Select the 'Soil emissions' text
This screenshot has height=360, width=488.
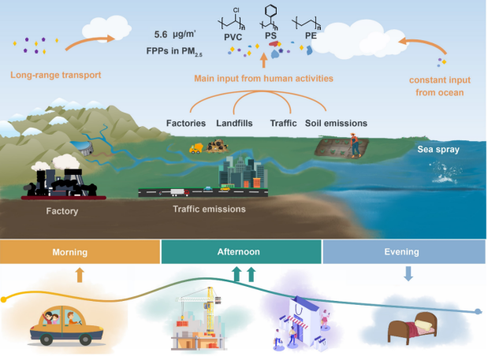point(337,123)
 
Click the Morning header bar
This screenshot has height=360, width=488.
point(79,252)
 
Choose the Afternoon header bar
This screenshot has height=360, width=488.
point(240,252)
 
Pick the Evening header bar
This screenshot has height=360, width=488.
point(403,252)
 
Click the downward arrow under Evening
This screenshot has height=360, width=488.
point(408,273)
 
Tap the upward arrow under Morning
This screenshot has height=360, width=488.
point(78,274)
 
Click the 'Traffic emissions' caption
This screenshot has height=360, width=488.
point(209,210)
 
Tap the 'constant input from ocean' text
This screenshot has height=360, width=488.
point(435,86)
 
